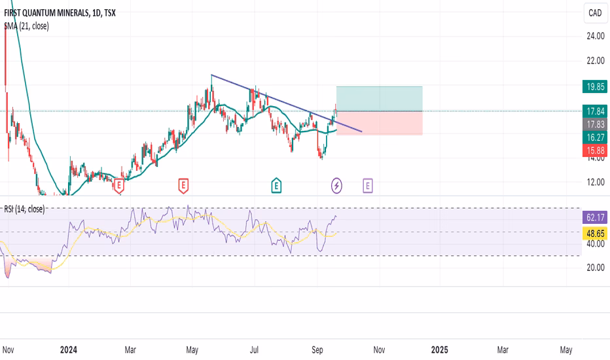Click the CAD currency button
[595, 12]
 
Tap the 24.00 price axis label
[595, 36]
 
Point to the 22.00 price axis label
[595, 61]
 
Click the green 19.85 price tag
[595, 86]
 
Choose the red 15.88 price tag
[595, 151]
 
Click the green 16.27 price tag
[595, 137]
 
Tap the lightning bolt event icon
[336, 186]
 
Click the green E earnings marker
[277, 186]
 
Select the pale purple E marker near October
[368, 186]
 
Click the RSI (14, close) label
[26, 209]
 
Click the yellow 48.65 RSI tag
[595, 232]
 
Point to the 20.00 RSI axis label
[595, 285]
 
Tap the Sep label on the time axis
[318, 350]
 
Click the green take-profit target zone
[379, 99]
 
